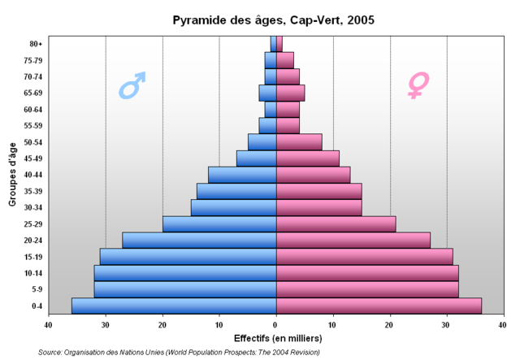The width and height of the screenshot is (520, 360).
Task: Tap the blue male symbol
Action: (132, 85)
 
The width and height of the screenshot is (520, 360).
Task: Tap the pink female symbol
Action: (418, 85)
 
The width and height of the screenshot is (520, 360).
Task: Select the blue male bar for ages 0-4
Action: (174, 306)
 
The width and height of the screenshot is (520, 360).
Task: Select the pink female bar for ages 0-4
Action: (379, 306)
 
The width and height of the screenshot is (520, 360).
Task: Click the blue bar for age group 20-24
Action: (199, 240)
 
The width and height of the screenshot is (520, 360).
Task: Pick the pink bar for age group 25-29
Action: (336, 223)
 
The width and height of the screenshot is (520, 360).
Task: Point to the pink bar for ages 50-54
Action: (299, 141)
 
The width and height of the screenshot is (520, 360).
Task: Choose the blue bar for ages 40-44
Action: (242, 175)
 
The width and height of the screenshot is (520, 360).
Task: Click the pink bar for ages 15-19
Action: (364, 256)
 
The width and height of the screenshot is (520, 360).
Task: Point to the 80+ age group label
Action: (37, 44)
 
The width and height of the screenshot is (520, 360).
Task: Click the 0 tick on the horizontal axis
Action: (276, 324)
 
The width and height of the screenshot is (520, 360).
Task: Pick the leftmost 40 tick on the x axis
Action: (49, 324)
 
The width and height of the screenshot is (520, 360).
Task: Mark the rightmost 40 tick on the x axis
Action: (504, 324)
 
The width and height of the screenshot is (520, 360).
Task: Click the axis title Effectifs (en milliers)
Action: (277, 338)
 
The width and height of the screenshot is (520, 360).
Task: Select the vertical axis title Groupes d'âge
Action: (14, 174)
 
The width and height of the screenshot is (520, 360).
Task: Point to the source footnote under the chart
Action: (179, 352)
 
